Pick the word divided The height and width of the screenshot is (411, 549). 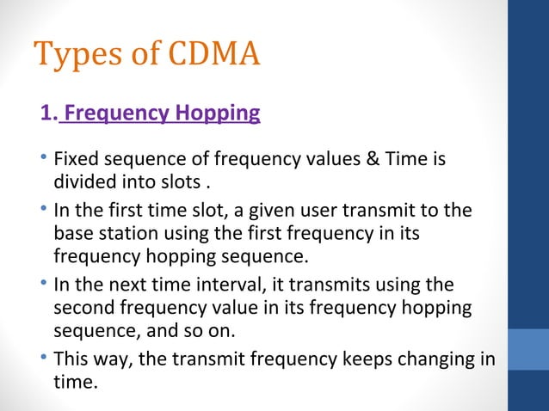(83, 182)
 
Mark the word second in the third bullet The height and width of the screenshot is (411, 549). (81, 308)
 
